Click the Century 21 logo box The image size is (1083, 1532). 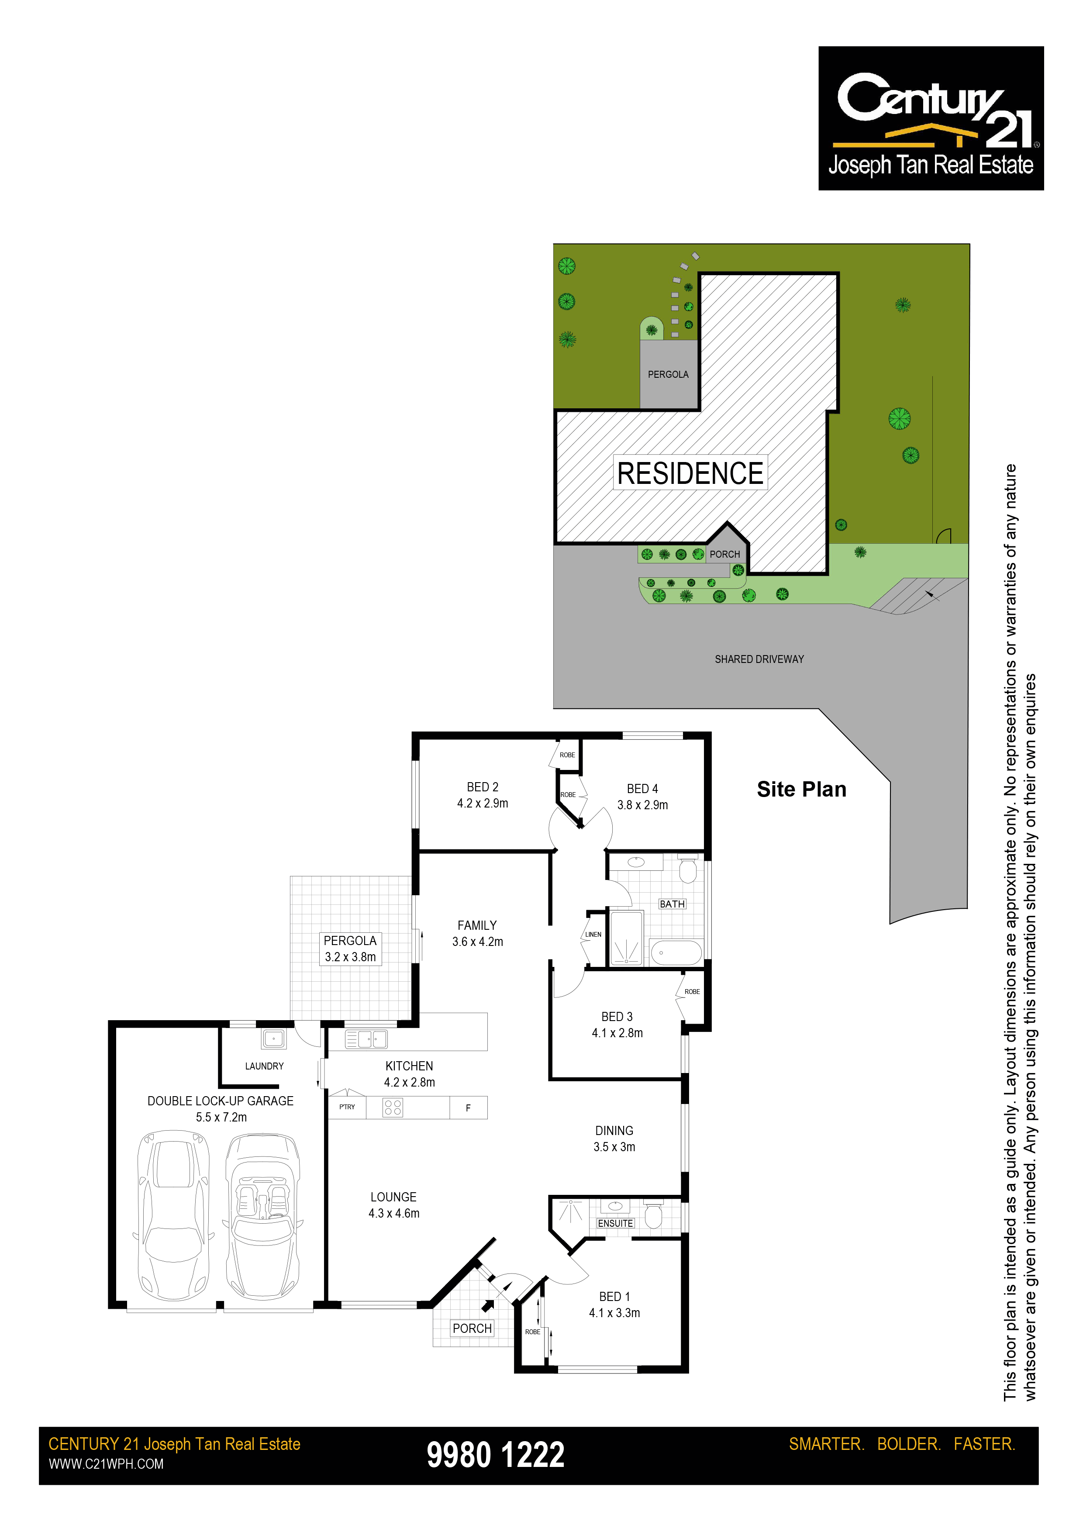pyautogui.click(x=931, y=118)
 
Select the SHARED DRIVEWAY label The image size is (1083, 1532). pyautogui.click(x=759, y=659)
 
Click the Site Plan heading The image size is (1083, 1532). pyautogui.click(x=801, y=789)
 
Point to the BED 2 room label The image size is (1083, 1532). pyautogui.click(x=483, y=787)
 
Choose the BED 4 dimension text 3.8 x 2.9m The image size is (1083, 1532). pyautogui.click(x=642, y=805)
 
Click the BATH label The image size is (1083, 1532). pyautogui.click(x=672, y=904)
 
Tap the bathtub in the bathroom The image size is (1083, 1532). pyautogui.click(x=676, y=953)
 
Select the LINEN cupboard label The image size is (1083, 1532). pyautogui.click(x=593, y=935)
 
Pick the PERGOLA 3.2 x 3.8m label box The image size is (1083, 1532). pyautogui.click(x=350, y=949)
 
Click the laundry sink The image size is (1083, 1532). pyautogui.click(x=273, y=1038)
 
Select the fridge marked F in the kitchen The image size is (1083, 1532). pyautogui.click(x=469, y=1108)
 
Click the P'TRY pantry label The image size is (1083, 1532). pyautogui.click(x=347, y=1107)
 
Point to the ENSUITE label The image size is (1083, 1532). pyautogui.click(x=615, y=1223)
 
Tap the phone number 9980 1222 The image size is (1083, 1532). pyautogui.click(x=496, y=1455)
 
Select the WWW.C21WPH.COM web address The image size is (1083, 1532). pyautogui.click(x=106, y=1464)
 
